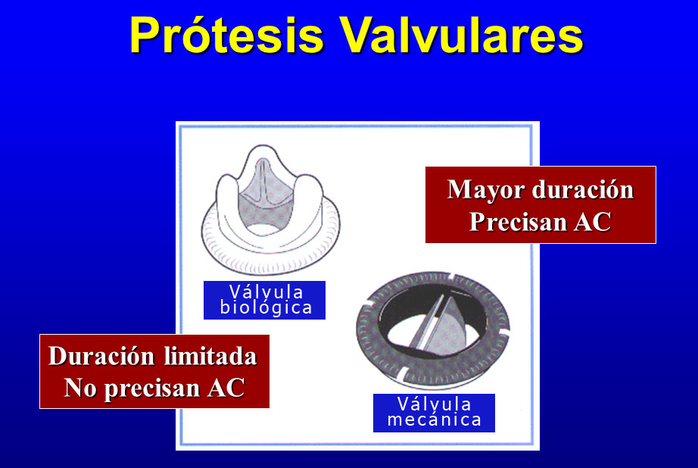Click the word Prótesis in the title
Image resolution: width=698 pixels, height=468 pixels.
click(226, 35)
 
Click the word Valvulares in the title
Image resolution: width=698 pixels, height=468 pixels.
click(462, 35)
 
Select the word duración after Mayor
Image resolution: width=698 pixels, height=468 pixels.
click(583, 189)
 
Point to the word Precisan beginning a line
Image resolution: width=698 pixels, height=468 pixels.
click(517, 221)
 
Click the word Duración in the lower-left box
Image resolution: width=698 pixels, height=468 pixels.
click(102, 356)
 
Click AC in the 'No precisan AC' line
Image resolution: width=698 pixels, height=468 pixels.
click(226, 388)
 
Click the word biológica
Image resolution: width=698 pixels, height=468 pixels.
click(266, 307)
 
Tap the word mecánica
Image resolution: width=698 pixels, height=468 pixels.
click(435, 420)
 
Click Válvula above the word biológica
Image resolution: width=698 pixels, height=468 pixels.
click(266, 292)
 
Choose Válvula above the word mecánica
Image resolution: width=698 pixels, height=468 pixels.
click(434, 404)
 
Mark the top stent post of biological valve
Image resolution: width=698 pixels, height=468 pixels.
click(263, 151)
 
